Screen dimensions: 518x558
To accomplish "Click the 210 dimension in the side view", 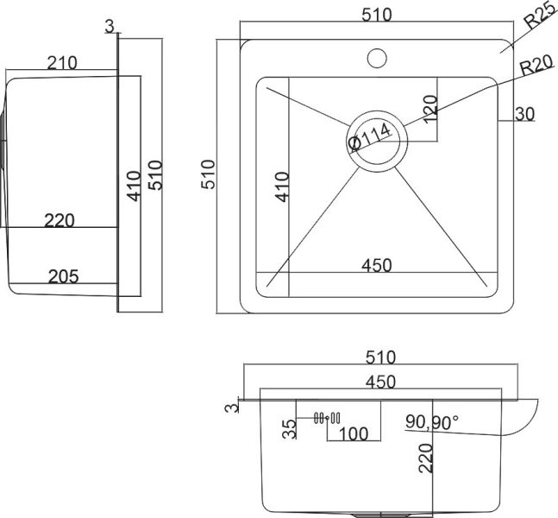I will tap(63, 62).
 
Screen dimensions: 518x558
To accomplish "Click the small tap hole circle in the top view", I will tap(376, 59).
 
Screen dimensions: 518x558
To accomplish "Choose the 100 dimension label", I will tap(352, 432).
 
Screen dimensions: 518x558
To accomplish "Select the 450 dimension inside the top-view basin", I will tap(376, 264).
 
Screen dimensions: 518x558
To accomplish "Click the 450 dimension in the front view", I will tap(379, 382).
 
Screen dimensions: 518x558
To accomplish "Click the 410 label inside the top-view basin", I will tap(281, 186).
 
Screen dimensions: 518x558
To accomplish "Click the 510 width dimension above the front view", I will tap(379, 357).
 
